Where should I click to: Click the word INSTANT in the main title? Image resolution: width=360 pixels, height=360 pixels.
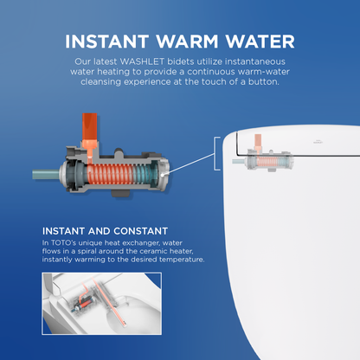(x=106, y=42)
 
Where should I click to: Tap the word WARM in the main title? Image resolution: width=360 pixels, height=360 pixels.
(x=187, y=42)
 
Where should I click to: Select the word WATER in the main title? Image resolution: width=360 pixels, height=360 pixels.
(x=260, y=42)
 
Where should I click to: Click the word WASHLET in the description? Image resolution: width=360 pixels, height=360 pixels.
(x=142, y=61)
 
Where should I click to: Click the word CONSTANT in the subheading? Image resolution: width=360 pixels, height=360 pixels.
(x=140, y=231)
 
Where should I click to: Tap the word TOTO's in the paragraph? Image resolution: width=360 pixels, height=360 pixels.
(x=63, y=243)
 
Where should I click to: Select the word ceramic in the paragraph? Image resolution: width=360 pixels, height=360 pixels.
(x=155, y=251)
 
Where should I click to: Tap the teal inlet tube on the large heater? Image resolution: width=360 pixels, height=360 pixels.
(x=46, y=175)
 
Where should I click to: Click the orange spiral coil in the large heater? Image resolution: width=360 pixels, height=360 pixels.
(x=109, y=175)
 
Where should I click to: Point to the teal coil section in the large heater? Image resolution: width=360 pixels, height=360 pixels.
(x=144, y=175)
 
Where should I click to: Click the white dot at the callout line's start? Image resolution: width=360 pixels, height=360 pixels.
(x=163, y=175)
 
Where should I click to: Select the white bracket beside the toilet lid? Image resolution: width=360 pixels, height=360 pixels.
(x=217, y=153)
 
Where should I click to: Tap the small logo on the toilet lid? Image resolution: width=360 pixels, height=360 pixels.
(x=318, y=142)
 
